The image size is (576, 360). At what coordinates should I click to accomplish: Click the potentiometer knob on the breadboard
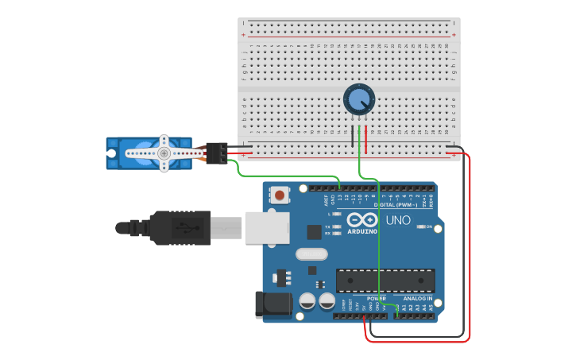[x=358, y=99]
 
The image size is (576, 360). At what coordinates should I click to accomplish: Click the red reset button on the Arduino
[x=280, y=194]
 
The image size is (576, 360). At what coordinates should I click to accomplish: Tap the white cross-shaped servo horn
[x=164, y=153]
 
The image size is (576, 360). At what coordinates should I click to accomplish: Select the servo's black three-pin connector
[x=216, y=153]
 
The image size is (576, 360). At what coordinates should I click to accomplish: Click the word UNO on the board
[x=398, y=220]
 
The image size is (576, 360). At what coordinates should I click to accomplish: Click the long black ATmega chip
[x=385, y=281]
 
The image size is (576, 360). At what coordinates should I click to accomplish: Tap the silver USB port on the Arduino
[x=265, y=227]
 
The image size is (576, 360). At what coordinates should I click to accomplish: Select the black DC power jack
[x=268, y=306]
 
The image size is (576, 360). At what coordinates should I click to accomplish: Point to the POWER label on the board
[x=376, y=299]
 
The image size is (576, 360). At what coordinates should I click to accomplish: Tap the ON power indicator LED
[x=419, y=227]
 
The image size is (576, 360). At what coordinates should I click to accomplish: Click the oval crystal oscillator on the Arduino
[x=311, y=255]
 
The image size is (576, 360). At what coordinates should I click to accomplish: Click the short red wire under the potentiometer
[x=366, y=137]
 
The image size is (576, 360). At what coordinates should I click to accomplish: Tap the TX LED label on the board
[x=329, y=226]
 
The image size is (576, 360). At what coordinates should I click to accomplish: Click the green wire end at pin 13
[x=339, y=188]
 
